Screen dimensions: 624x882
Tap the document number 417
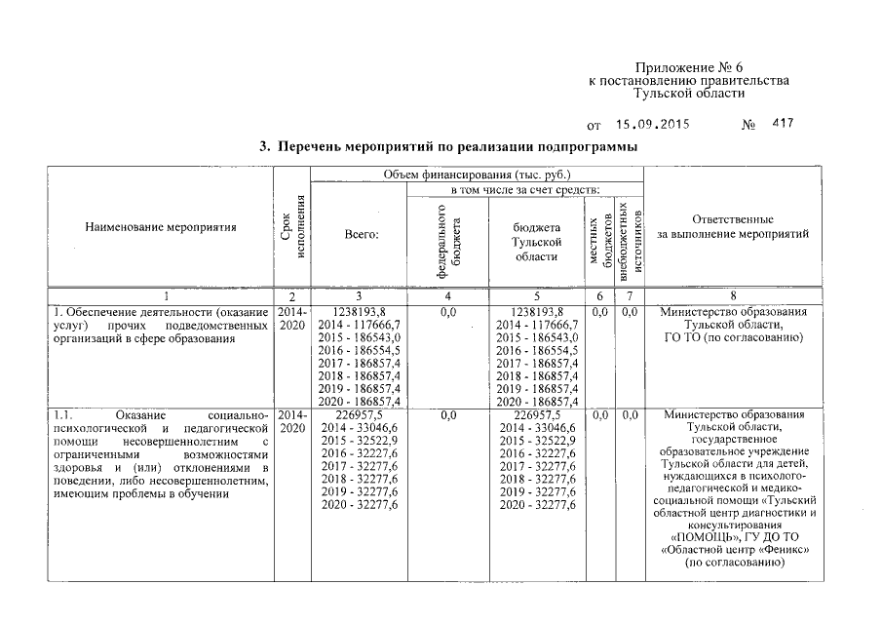[783, 125]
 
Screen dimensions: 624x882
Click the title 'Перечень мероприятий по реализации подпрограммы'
[447, 147]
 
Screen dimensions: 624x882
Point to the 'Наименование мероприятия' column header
[161, 227]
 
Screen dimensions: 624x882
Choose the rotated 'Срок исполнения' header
[292, 227]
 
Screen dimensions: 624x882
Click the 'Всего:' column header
[360, 235]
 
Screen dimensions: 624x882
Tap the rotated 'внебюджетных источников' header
[631, 239]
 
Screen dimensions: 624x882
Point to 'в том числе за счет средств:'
[524, 189]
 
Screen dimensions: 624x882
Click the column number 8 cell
[746, 295]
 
